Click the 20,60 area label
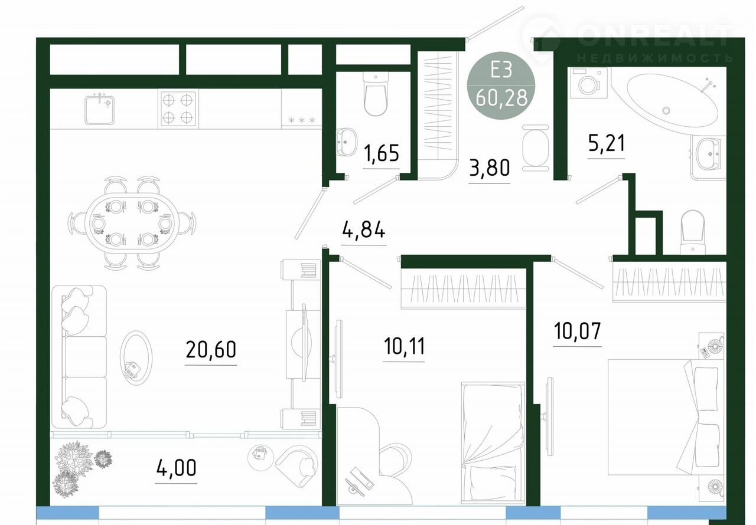pyautogui.click(x=211, y=349)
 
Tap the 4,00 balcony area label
pyautogui.click(x=176, y=468)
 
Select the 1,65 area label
pyautogui.click(x=382, y=153)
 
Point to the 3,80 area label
pyautogui.click(x=490, y=168)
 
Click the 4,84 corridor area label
pyautogui.click(x=363, y=230)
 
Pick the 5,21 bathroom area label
pyautogui.click(x=607, y=143)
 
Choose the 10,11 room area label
pyautogui.click(x=404, y=346)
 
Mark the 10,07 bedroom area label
pyautogui.click(x=578, y=331)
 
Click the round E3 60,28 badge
pyautogui.click(x=501, y=86)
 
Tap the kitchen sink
pyautogui.click(x=99, y=110)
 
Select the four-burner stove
pyautogui.click(x=178, y=109)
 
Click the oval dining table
pyautogui.click(x=132, y=223)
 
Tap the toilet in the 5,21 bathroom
pyautogui.click(x=693, y=232)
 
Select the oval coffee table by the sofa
pyautogui.click(x=136, y=358)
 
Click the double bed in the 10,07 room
pyautogui.click(x=666, y=417)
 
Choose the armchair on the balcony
pyautogui.click(x=296, y=467)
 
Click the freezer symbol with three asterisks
pyautogui.click(x=301, y=120)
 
